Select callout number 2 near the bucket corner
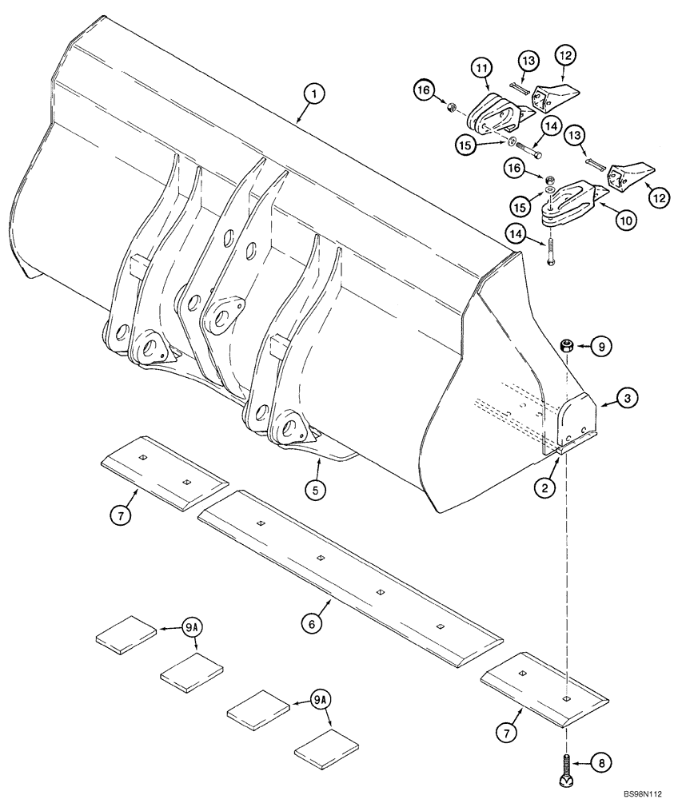click(545, 485)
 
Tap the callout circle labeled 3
click(628, 397)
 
